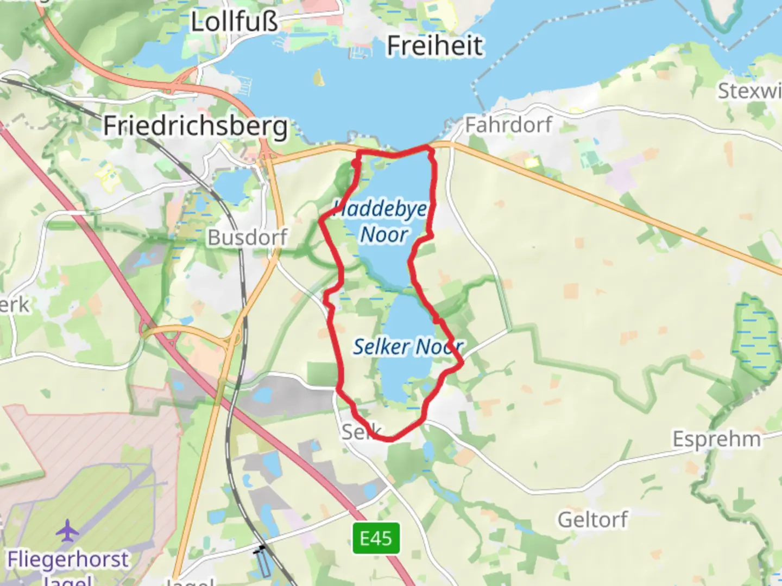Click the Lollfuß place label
pyautogui.click(x=234, y=22)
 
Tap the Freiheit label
pyautogui.click(x=434, y=46)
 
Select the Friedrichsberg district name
pyautogui.click(x=195, y=126)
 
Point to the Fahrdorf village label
pyautogui.click(x=508, y=125)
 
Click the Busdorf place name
pyautogui.click(x=248, y=237)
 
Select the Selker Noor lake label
pyautogui.click(x=407, y=346)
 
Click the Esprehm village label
pyautogui.click(x=717, y=438)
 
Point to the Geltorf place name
pyautogui.click(x=592, y=520)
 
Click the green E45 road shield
pyautogui.click(x=376, y=538)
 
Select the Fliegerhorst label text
pyautogui.click(x=68, y=559)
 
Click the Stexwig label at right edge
pyautogui.click(x=749, y=91)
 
